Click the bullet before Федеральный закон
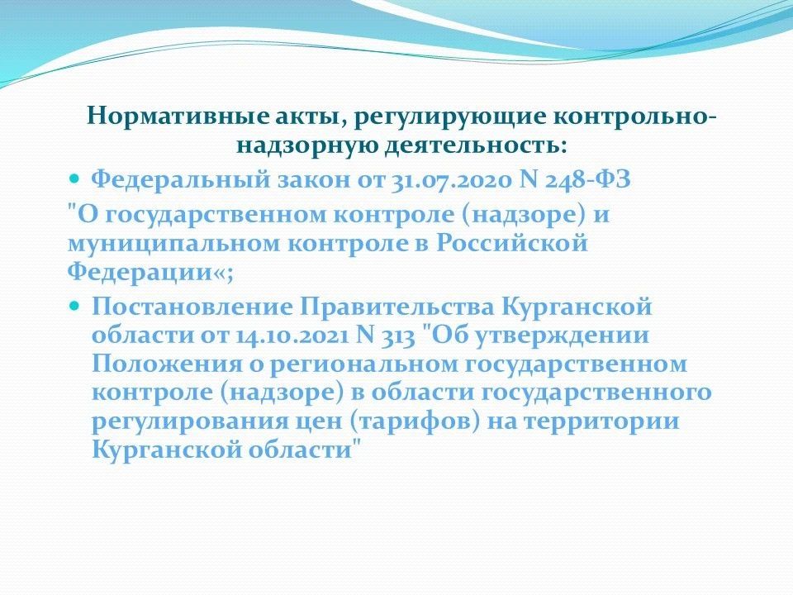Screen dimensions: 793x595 [x=74, y=178]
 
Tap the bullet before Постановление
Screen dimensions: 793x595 [x=74, y=306]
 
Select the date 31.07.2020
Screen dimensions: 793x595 [x=452, y=180]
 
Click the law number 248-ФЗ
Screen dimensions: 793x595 [x=587, y=179]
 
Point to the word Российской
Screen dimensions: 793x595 [x=512, y=243]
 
